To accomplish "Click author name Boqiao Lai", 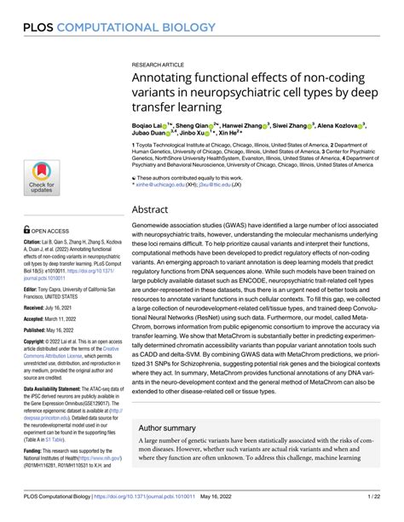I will (150, 124).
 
